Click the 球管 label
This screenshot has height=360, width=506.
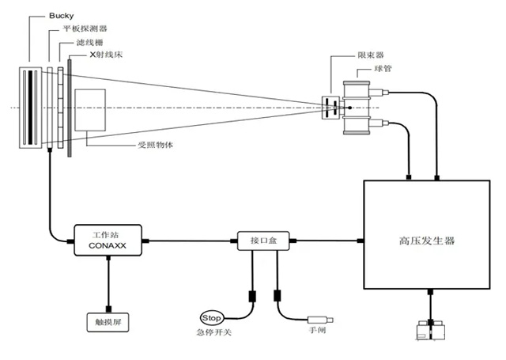coord(383,69)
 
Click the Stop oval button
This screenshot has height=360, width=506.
coord(213,317)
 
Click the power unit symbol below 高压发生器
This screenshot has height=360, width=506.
coord(430,332)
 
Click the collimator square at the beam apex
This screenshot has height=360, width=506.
coord(330,108)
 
